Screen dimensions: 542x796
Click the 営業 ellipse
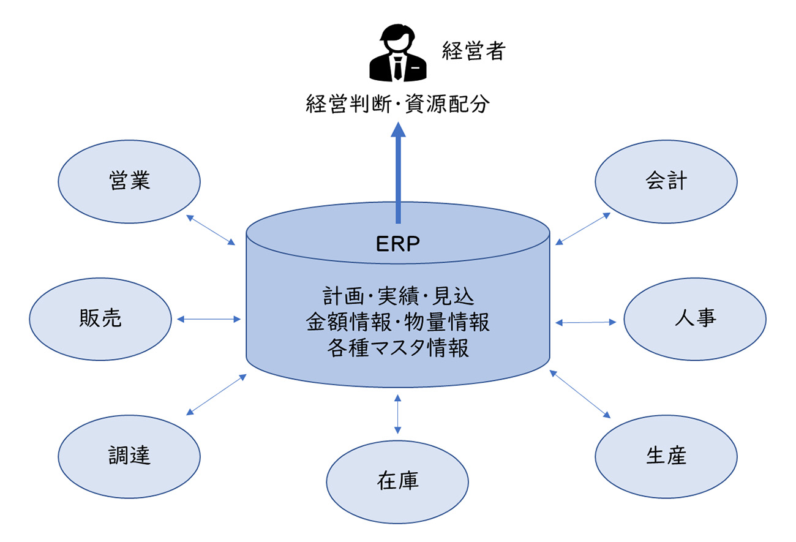(x=129, y=181)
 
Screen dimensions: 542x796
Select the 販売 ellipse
(x=100, y=318)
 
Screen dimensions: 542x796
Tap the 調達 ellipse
(x=129, y=456)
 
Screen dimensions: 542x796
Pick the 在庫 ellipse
(x=397, y=481)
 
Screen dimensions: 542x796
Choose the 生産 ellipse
(x=666, y=456)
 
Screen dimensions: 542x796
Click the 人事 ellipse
(x=694, y=319)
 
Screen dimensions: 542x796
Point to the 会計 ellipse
(x=666, y=181)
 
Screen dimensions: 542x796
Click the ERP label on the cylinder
(x=397, y=244)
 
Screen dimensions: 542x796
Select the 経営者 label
(x=473, y=51)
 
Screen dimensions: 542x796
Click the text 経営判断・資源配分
(x=398, y=105)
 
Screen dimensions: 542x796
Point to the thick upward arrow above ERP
(x=398, y=171)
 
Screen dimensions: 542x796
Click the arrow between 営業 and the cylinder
(x=210, y=230)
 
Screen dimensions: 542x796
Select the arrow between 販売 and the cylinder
(x=208, y=318)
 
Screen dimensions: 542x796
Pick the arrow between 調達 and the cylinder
(x=216, y=394)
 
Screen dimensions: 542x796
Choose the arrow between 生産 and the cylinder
(x=579, y=393)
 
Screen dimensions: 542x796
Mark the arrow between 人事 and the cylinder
(x=586, y=322)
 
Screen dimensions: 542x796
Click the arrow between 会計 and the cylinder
(x=583, y=229)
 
